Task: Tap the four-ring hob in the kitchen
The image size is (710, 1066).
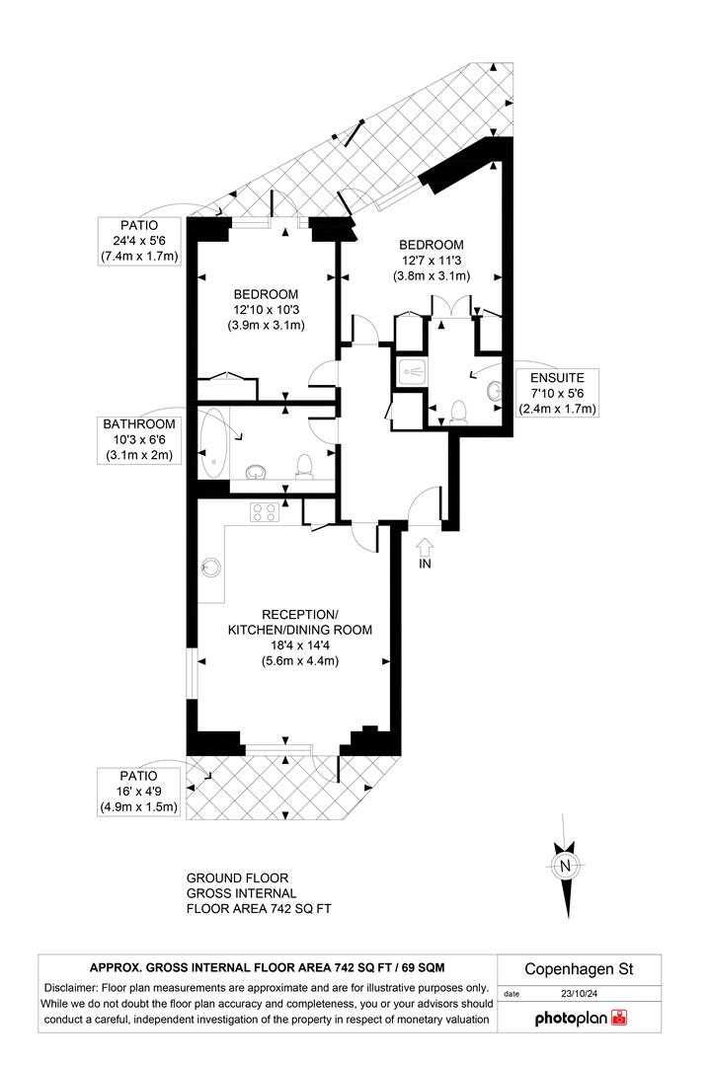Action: (265, 512)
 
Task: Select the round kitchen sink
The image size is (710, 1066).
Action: (210, 567)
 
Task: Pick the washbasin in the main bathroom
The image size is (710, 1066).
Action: (255, 471)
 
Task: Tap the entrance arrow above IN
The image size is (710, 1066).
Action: (426, 545)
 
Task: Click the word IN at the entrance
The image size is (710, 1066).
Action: (426, 566)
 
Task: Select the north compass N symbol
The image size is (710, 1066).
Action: (566, 867)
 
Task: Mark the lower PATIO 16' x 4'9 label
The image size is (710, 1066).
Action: (139, 791)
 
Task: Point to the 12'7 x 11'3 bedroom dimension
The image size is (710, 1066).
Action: (431, 260)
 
